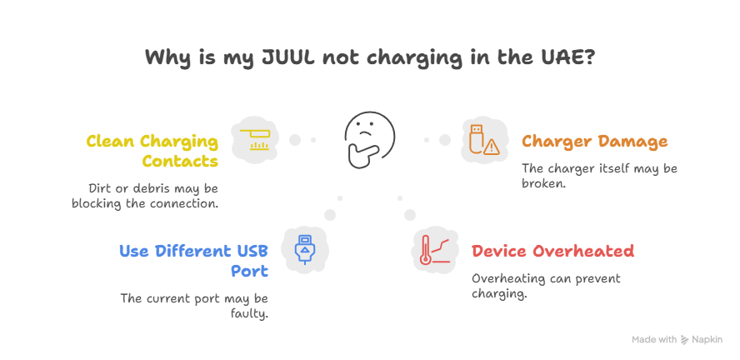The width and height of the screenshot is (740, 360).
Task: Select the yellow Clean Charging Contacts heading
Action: pyautogui.click(x=152, y=151)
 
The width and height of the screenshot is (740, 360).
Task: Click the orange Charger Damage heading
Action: pyautogui.click(x=595, y=141)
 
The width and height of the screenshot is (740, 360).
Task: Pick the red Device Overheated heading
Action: pyautogui.click(x=552, y=251)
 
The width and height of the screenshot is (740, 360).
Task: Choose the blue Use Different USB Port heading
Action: pyautogui.click(x=194, y=261)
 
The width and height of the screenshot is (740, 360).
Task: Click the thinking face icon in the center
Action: pyautogui.click(x=369, y=140)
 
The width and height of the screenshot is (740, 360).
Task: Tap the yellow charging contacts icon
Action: pyautogui.click(x=255, y=140)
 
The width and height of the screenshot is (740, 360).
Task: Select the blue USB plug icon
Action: pyautogui.click(x=305, y=250)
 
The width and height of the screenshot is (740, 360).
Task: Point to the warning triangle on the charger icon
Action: pyautogui.click(x=492, y=147)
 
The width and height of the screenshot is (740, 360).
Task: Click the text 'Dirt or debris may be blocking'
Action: pyautogui.click(x=145, y=196)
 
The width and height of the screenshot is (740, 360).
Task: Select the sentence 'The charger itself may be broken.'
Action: pyautogui.click(x=599, y=176)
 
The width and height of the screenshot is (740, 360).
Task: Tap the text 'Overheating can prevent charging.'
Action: pyautogui.click(x=546, y=286)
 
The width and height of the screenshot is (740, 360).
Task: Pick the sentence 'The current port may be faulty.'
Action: pyautogui.click(x=194, y=306)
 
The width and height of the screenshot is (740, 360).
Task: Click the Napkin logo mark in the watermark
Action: pyautogui.click(x=685, y=340)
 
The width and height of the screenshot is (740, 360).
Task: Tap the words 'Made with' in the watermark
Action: pyautogui.click(x=654, y=340)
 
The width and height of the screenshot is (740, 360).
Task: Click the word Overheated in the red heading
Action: pyautogui.click(x=590, y=251)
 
